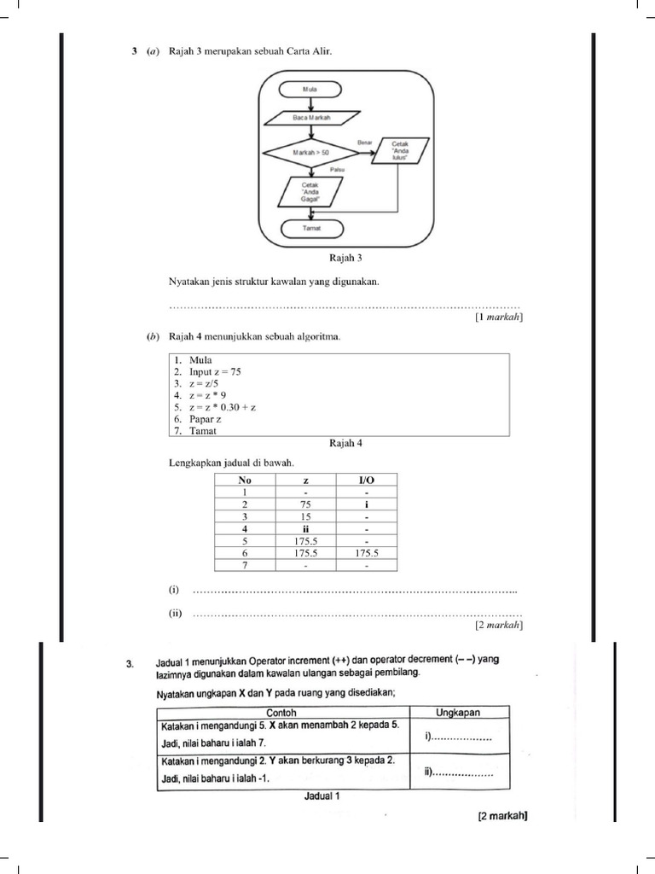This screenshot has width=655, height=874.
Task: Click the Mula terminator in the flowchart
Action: tap(310, 88)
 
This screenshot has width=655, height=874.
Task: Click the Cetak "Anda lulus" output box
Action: tap(400, 152)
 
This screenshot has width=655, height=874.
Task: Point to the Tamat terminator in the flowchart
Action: tap(310, 229)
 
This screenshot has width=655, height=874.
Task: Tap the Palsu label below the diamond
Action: tap(324, 171)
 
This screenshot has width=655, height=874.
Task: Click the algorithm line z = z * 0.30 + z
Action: tap(214, 408)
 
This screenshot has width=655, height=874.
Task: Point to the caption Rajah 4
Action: tap(339, 443)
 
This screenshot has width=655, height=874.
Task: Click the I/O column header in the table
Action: tap(366, 481)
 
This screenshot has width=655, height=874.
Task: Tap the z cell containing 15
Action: tap(304, 516)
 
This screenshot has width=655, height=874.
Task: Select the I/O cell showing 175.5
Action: tap(366, 553)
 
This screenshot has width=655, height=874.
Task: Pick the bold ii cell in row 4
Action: tap(304, 528)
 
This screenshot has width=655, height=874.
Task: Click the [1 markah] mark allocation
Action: tap(498, 317)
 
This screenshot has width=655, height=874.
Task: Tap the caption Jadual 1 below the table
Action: tap(322, 796)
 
